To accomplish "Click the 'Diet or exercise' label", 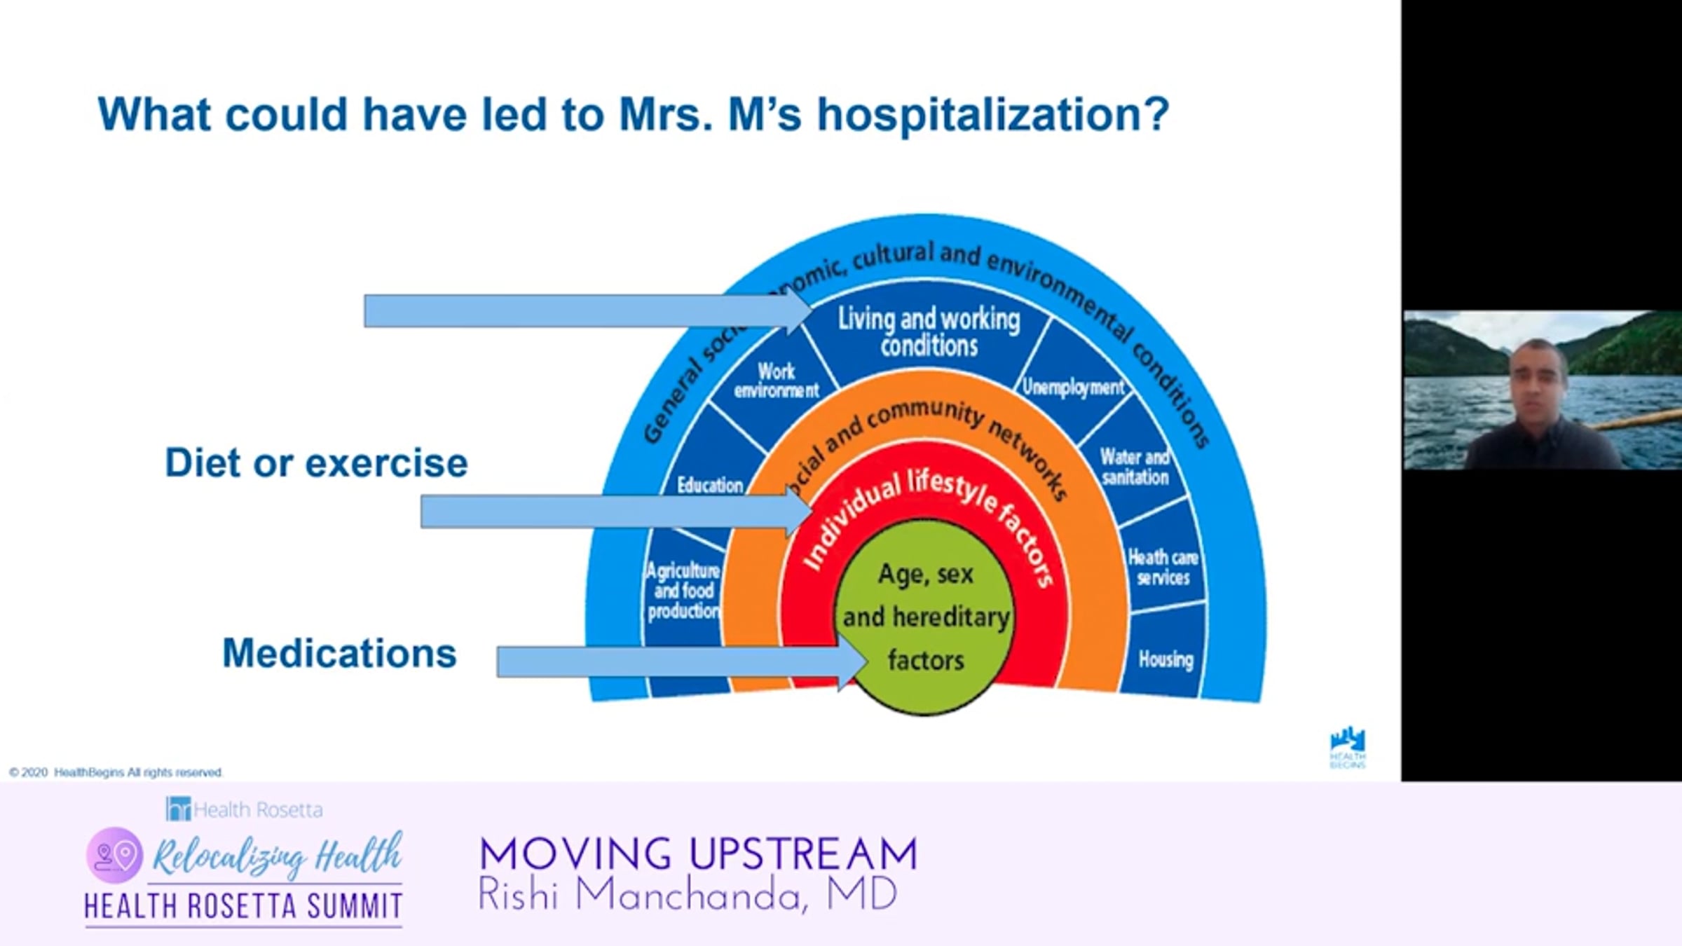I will pyautogui.click(x=316, y=463).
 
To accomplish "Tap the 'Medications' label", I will pyautogui.click(x=339, y=653).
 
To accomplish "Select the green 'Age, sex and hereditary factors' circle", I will pyautogui.click(x=926, y=617).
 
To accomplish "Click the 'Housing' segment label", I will pyautogui.click(x=1165, y=659).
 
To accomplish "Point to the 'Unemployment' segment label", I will pyautogui.click(x=1072, y=387).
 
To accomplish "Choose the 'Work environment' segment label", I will pyautogui.click(x=776, y=381).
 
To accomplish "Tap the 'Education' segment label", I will pyautogui.click(x=709, y=485).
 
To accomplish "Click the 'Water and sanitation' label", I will pyautogui.click(x=1135, y=467).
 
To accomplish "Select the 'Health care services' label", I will pyautogui.click(x=1163, y=568).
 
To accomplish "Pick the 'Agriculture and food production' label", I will pyautogui.click(x=683, y=591).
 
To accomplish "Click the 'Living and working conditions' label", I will pyautogui.click(x=929, y=332).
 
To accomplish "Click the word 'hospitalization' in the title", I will pyautogui.click(x=992, y=114).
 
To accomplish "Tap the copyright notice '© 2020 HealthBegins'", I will pyautogui.click(x=116, y=772).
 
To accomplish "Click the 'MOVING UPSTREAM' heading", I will pyautogui.click(x=698, y=854).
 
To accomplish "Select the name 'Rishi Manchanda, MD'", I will pyautogui.click(x=687, y=895).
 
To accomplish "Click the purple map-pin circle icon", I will pyautogui.click(x=115, y=855).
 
